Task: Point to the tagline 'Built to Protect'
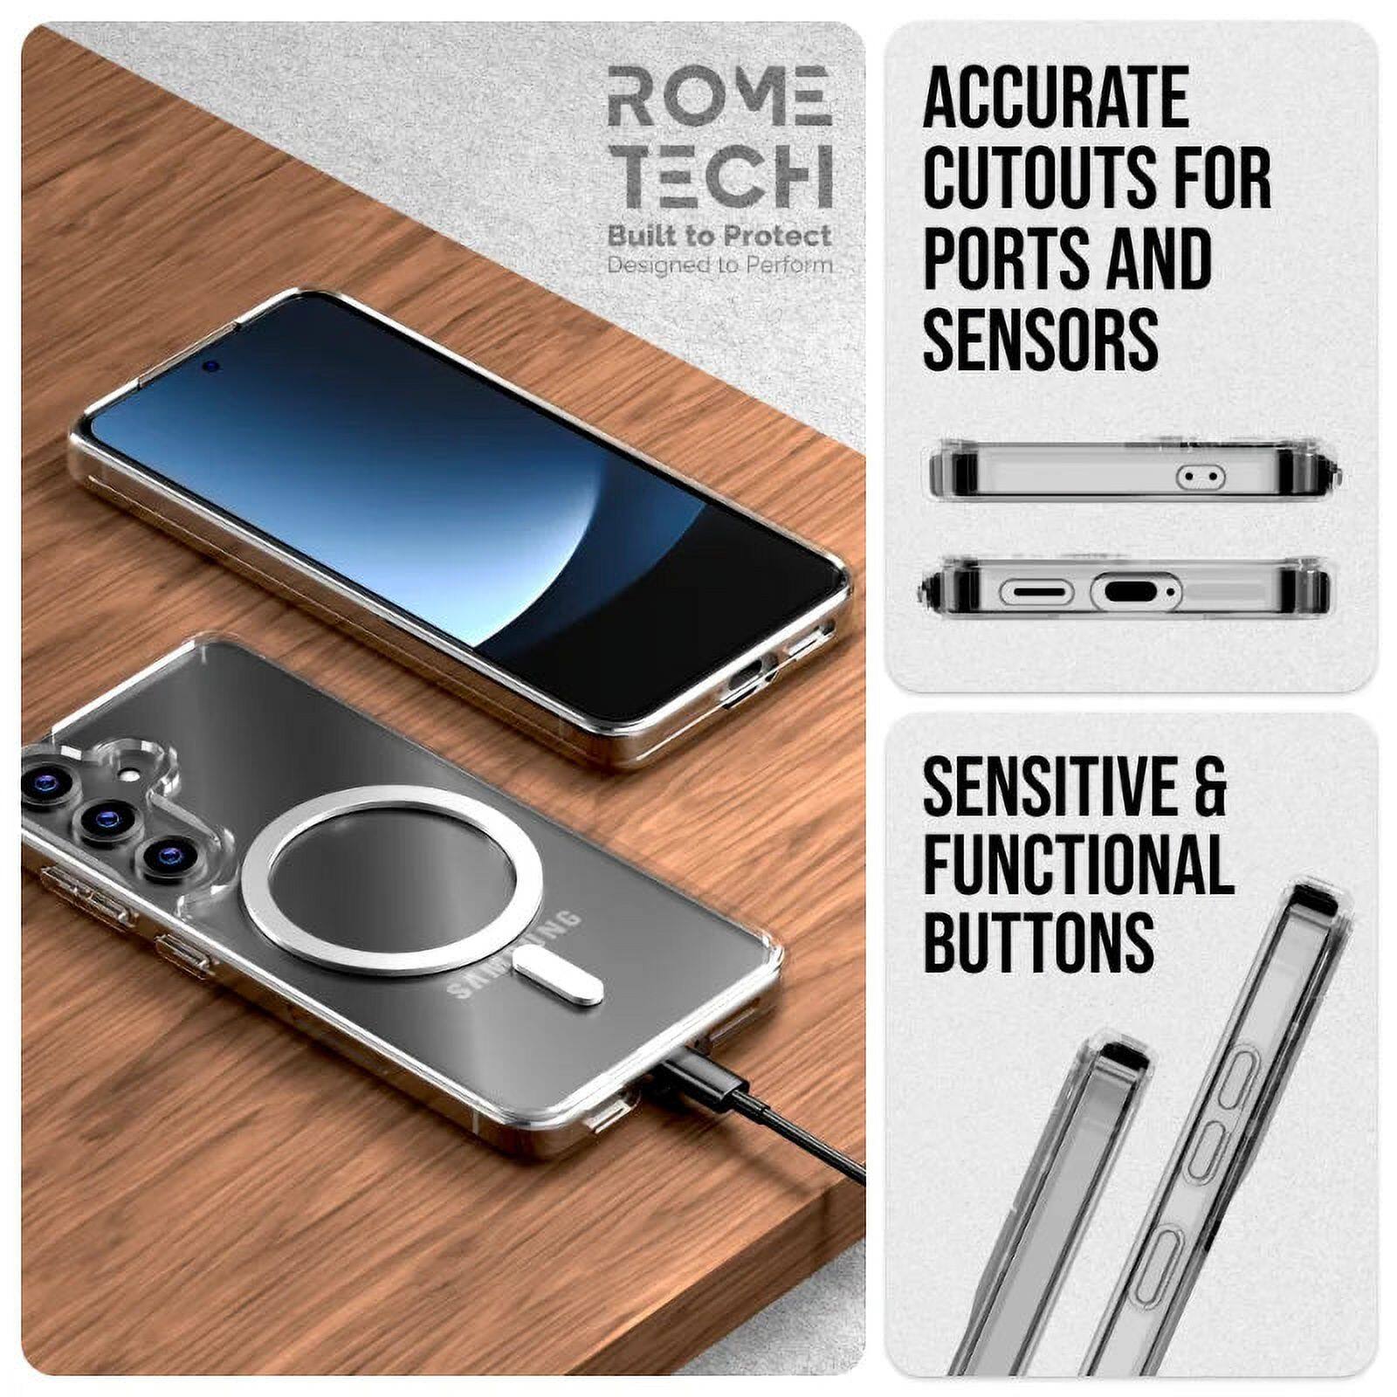719,236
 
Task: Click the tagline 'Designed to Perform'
719,265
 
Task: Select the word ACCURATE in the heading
1056,97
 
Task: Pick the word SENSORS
1040,339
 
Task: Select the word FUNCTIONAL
1077,864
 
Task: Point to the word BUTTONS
1038,941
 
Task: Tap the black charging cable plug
698,1083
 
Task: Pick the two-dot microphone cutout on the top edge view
1201,477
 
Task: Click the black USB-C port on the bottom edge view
1134,591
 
